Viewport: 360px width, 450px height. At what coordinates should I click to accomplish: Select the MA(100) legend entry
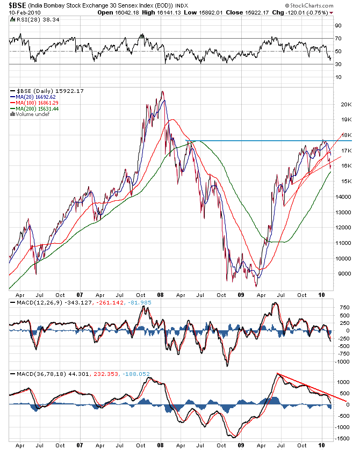coord(37,103)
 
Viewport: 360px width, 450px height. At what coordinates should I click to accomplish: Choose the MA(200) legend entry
coord(37,108)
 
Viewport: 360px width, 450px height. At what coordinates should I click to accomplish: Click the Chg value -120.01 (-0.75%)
coord(306,12)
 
